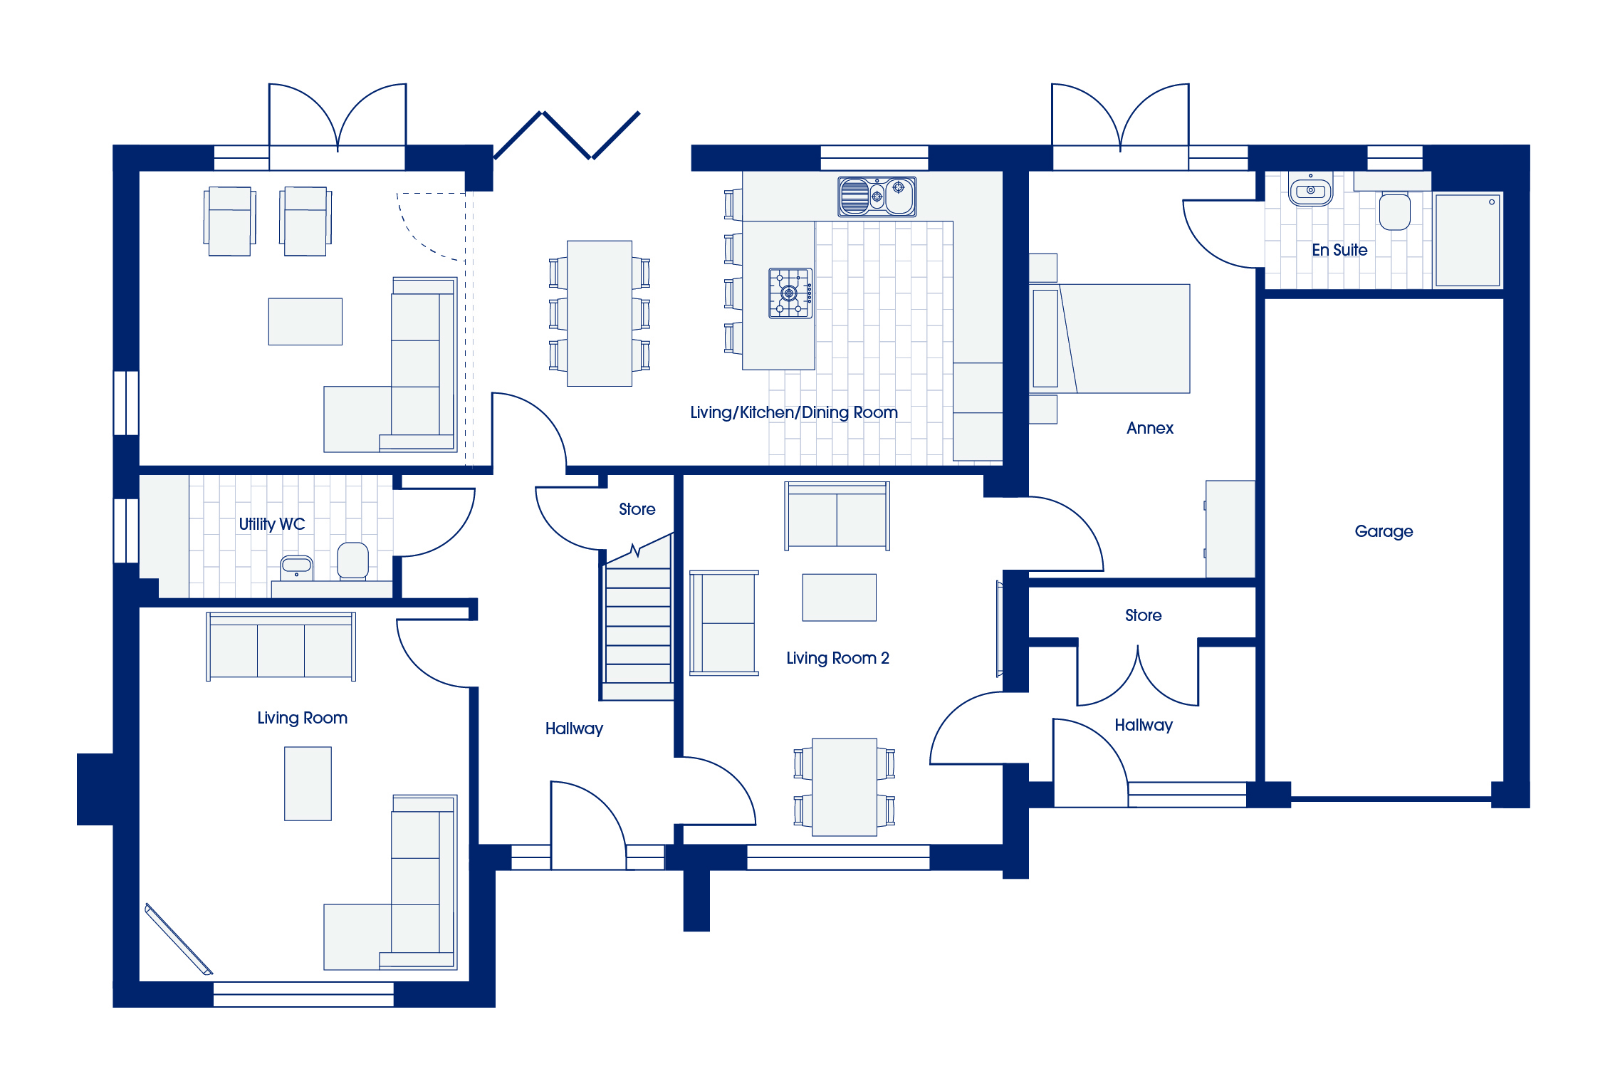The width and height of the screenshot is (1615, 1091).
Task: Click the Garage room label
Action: point(1384,531)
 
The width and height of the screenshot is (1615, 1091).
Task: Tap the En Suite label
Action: point(1339,250)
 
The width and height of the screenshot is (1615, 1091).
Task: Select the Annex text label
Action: point(1150,428)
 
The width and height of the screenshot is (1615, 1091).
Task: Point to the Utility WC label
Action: point(272,524)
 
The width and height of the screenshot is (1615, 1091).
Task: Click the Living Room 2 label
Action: point(837,658)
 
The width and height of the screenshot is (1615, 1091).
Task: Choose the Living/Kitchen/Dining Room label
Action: point(794,412)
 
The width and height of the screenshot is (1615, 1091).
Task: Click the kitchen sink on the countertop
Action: point(877,197)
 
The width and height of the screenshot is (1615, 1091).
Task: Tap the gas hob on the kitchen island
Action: point(790,293)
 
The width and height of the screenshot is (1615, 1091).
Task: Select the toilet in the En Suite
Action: point(1394,211)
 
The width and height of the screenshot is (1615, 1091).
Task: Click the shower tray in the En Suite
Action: point(1468,240)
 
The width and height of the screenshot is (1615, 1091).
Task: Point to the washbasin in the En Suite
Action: point(1310,190)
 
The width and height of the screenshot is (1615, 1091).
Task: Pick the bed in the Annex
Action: point(1109,338)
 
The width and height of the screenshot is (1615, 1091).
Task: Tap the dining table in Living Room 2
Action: point(845,787)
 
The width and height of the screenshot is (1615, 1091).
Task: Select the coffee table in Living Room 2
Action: point(840,597)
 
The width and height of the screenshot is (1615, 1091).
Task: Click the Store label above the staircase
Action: point(637,509)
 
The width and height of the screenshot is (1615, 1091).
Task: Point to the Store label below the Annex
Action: point(1143,615)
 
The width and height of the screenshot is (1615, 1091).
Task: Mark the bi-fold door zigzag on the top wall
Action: point(567,135)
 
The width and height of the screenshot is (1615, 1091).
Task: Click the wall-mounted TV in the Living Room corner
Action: point(179,939)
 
